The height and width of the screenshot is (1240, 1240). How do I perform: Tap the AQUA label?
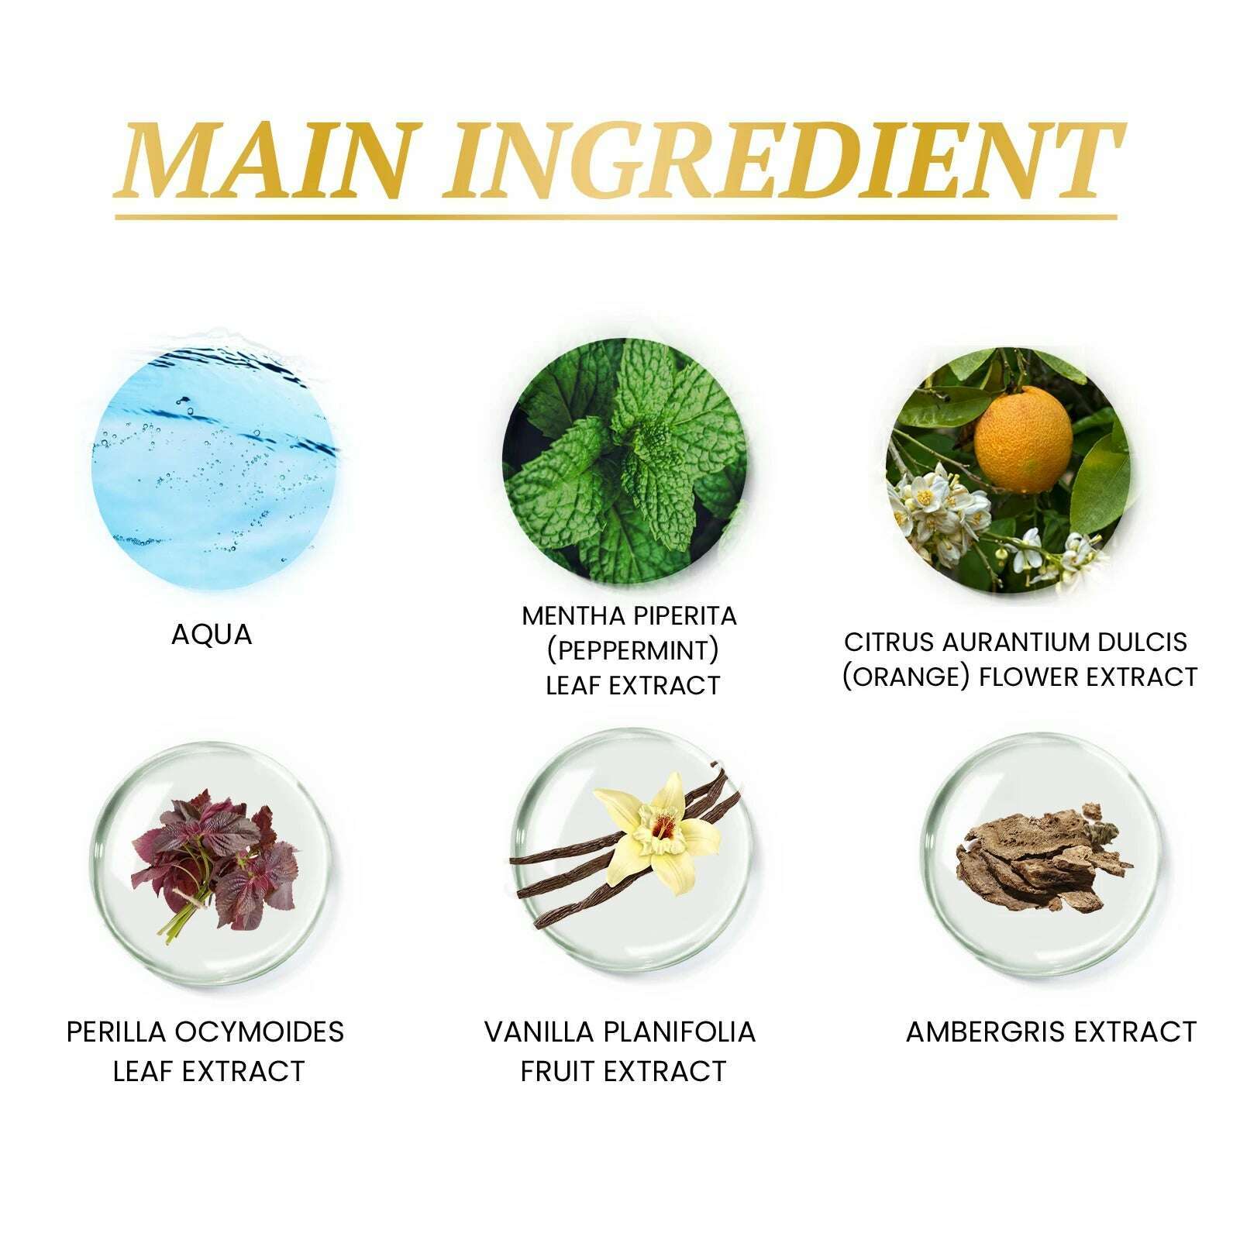[212, 635]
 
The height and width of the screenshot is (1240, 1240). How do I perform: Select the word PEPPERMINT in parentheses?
[632, 650]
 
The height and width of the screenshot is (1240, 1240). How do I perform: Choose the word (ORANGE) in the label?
[907, 677]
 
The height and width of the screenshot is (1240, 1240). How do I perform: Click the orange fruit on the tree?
[1023, 439]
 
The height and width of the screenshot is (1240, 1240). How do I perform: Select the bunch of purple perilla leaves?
[214, 860]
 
